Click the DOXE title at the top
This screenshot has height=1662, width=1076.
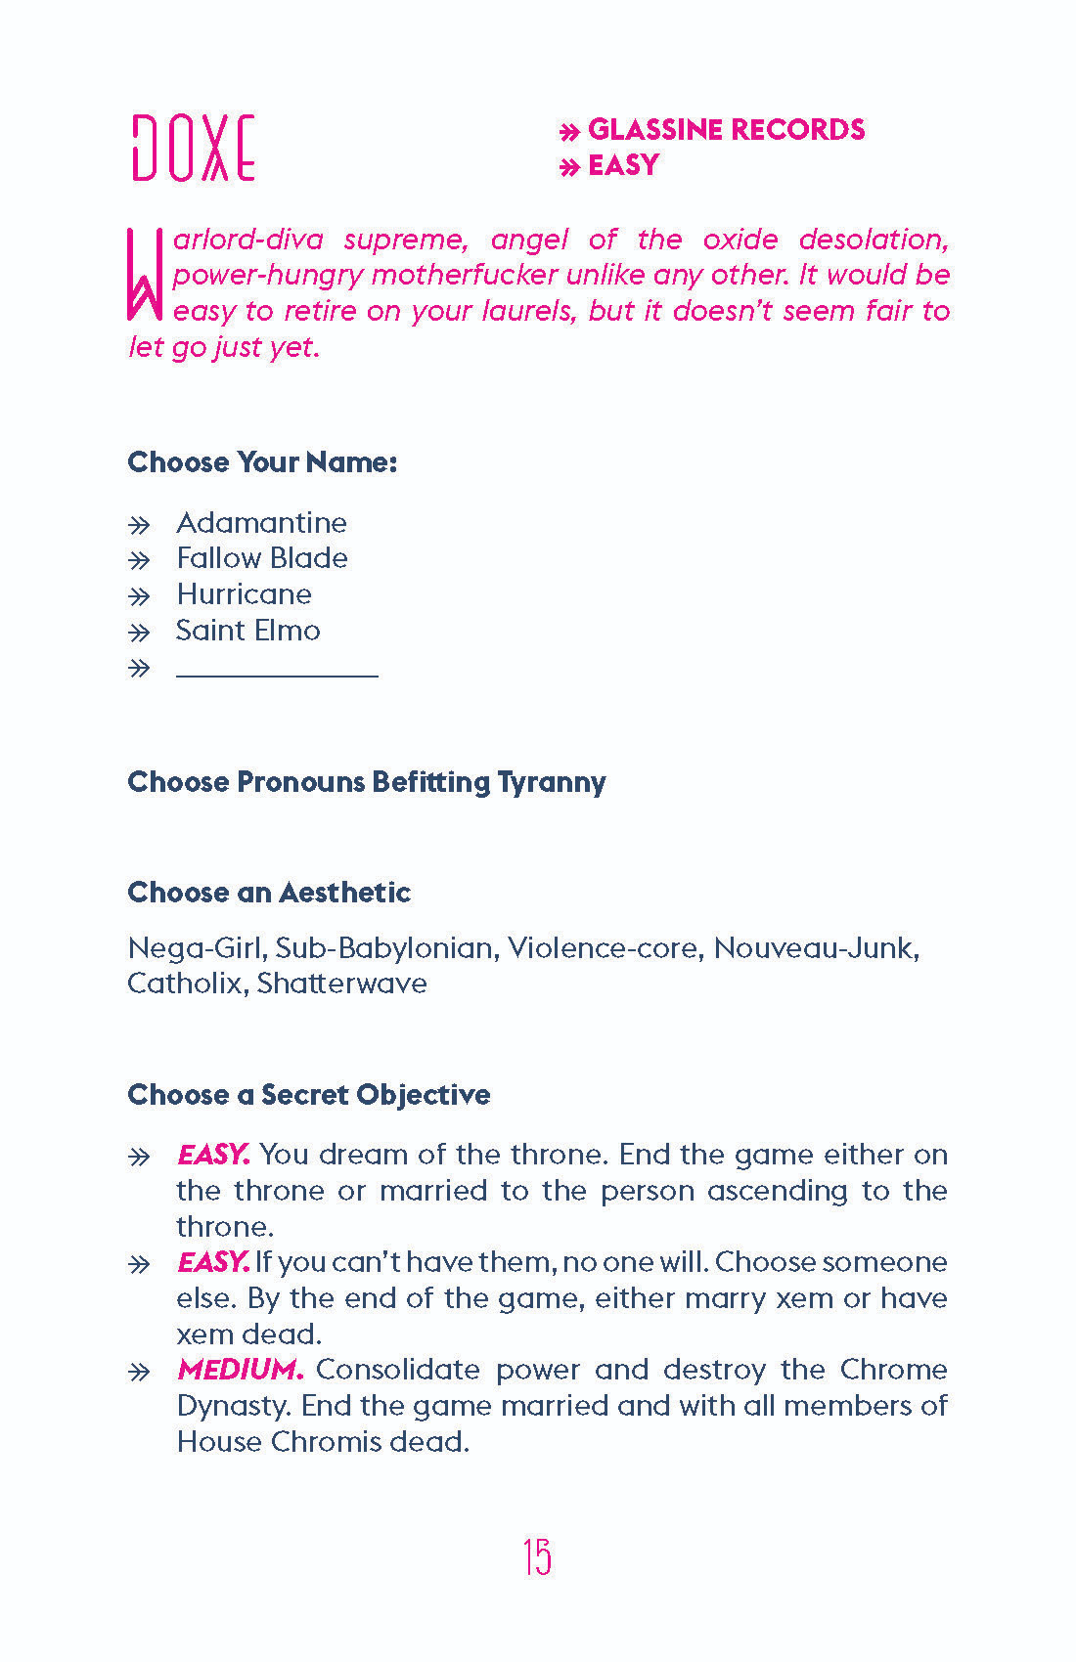(194, 149)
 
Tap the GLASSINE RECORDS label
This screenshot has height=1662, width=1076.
(726, 130)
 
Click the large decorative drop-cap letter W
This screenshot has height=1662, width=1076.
(144, 275)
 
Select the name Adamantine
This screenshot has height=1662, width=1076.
(261, 523)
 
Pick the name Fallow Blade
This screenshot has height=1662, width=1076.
(262, 558)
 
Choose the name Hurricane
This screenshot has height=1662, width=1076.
(244, 594)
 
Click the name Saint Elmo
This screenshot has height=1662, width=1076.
(247, 631)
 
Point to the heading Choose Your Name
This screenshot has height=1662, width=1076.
(262, 462)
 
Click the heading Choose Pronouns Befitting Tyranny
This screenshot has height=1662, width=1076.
(366, 782)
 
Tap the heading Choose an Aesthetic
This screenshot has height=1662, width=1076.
(269, 893)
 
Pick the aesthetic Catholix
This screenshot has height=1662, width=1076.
(183, 984)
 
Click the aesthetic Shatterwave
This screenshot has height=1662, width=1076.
(342, 984)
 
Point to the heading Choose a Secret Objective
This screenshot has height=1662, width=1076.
(308, 1095)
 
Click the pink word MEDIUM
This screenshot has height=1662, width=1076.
(240, 1370)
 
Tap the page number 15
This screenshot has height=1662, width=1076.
(537, 1556)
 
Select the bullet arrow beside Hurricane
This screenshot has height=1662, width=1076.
(140, 595)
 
